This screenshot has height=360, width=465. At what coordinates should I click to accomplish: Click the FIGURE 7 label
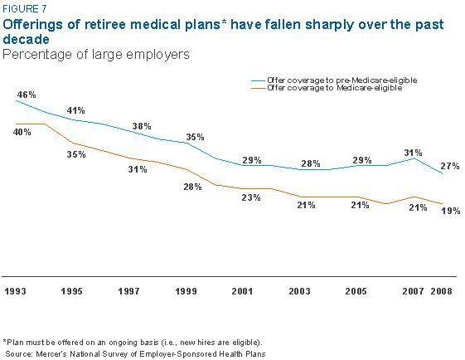(24, 9)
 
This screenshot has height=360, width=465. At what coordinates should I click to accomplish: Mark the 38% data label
(143, 126)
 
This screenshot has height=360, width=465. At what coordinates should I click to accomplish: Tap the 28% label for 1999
(193, 187)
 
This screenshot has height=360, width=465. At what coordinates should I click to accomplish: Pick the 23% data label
(251, 197)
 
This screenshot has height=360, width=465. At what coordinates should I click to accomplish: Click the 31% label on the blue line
(413, 153)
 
